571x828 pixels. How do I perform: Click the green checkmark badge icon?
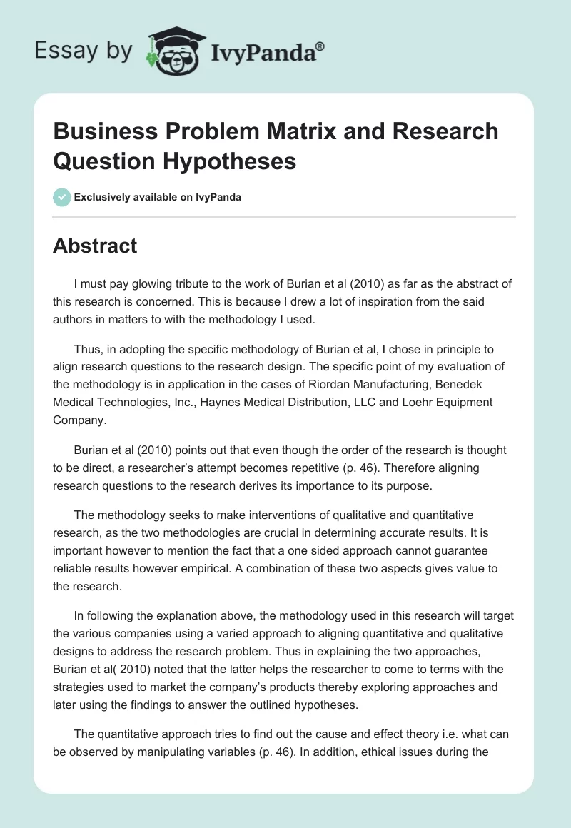[x=61, y=197]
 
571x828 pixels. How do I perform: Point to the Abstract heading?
[x=95, y=246]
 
